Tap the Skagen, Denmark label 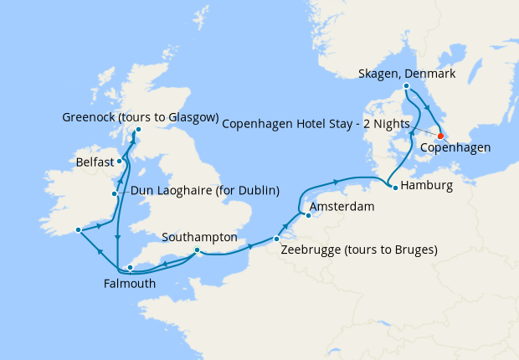(x=407, y=74)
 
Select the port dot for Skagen (x=406, y=86)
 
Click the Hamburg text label (x=428, y=184)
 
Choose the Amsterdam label (x=342, y=206)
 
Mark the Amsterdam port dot (x=306, y=214)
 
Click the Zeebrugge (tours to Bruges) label (x=358, y=249)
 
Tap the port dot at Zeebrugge (x=276, y=239)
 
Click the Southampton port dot (x=197, y=249)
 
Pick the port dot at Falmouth (x=130, y=268)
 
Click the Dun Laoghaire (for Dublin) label (x=205, y=190)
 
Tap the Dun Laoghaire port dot (x=115, y=194)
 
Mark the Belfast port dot (x=121, y=160)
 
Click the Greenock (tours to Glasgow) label (x=141, y=116)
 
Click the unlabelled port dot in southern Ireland (x=77, y=229)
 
